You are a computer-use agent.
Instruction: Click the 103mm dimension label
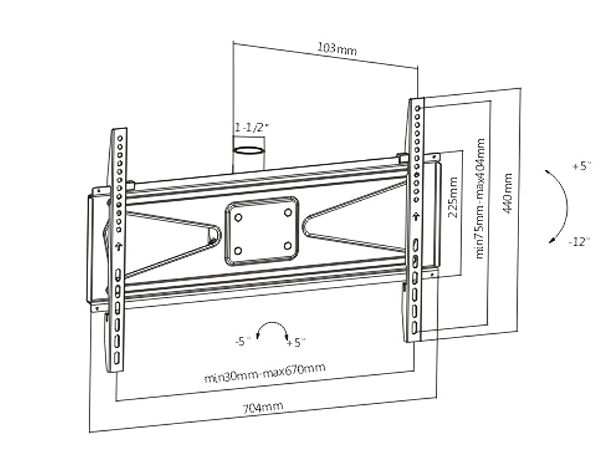coord(337,48)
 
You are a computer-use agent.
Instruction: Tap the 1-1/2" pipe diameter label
coord(252,127)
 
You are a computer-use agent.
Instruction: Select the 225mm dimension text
coord(453,197)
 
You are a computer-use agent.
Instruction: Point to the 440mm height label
coord(507,193)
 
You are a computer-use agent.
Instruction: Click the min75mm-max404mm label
coord(480,198)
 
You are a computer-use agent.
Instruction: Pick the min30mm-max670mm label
coord(265,372)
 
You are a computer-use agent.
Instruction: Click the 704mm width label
coord(263,408)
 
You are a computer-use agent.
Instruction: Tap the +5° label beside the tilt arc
coord(582,166)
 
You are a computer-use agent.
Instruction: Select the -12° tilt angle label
coord(579,242)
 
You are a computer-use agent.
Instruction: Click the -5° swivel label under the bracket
coord(243,341)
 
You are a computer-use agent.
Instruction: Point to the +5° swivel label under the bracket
coord(295,343)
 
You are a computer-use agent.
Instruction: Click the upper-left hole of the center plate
coord(238,218)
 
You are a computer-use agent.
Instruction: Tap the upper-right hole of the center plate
coord(288,212)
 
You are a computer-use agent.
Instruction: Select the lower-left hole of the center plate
coord(237,251)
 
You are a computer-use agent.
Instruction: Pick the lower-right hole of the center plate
coord(288,246)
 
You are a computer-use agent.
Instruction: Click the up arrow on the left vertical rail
coord(119,247)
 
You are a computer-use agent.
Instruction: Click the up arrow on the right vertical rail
coord(416,216)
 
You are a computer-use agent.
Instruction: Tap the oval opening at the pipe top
coord(248,150)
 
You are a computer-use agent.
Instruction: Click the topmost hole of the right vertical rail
coord(418,108)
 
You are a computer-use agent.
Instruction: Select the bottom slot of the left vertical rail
coord(117,358)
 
